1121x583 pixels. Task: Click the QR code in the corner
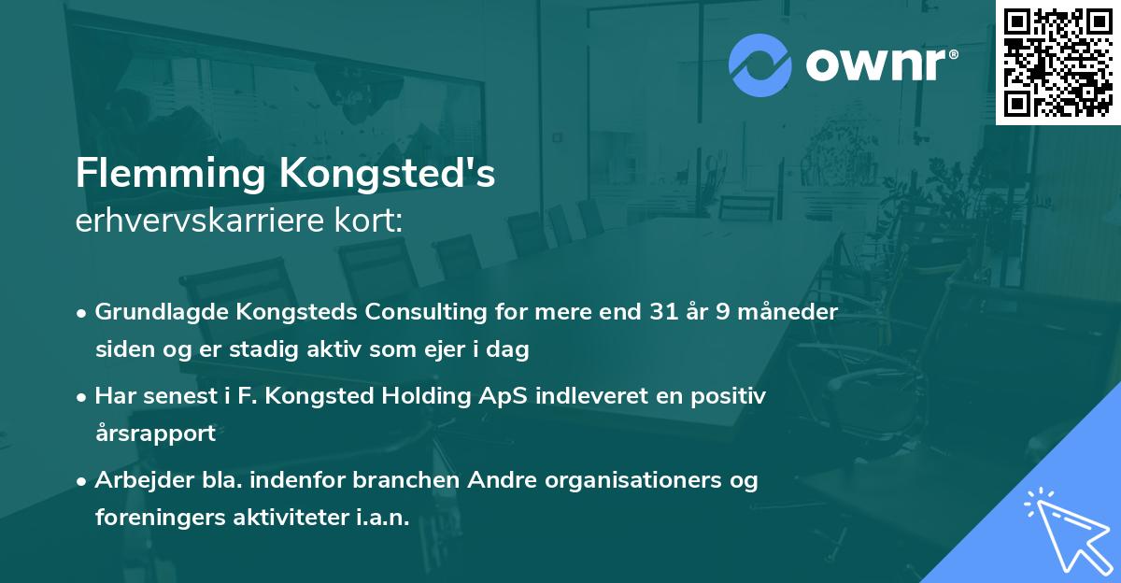[x=1057, y=62]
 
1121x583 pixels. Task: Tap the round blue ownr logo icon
[x=759, y=65]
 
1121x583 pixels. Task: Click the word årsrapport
[x=155, y=434]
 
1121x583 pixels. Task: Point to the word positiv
[x=731, y=396]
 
